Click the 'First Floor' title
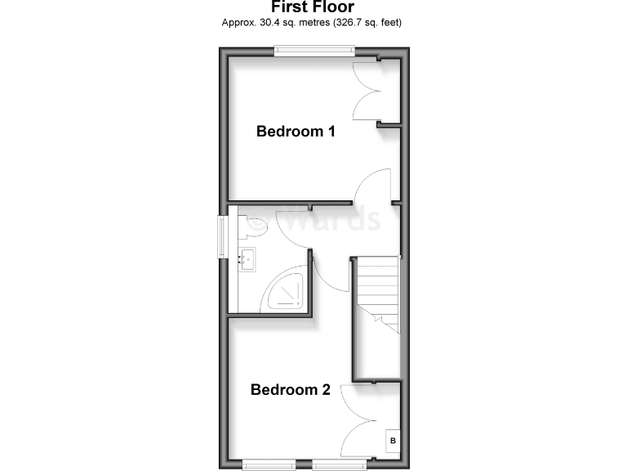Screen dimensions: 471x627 click(x=313, y=7)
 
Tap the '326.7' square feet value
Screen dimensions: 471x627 click(x=349, y=22)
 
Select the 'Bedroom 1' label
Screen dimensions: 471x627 click(x=296, y=131)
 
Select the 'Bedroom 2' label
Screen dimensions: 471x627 click(x=290, y=390)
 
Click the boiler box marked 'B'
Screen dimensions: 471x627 click(x=393, y=442)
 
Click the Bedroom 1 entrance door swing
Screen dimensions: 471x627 click(x=371, y=184)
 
